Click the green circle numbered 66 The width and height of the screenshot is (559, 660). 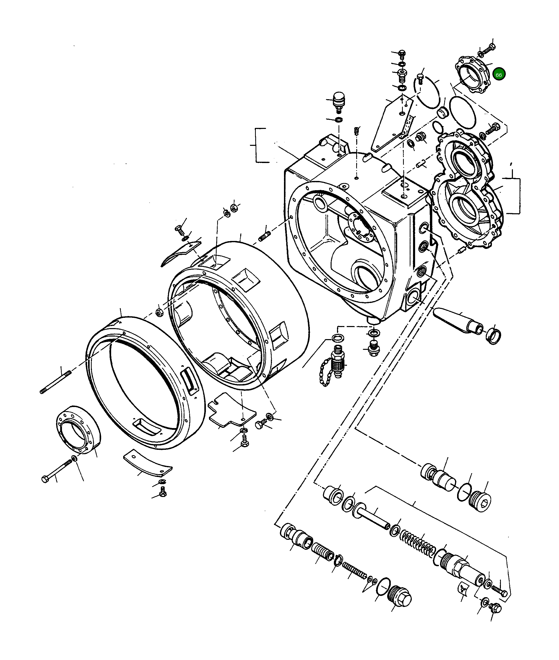[x=499, y=75]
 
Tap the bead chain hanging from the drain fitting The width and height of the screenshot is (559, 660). [x=324, y=374]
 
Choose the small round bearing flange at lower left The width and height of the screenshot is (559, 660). [x=78, y=430]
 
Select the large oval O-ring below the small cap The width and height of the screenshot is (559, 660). [x=463, y=113]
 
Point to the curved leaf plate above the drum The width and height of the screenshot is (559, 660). [x=181, y=252]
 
